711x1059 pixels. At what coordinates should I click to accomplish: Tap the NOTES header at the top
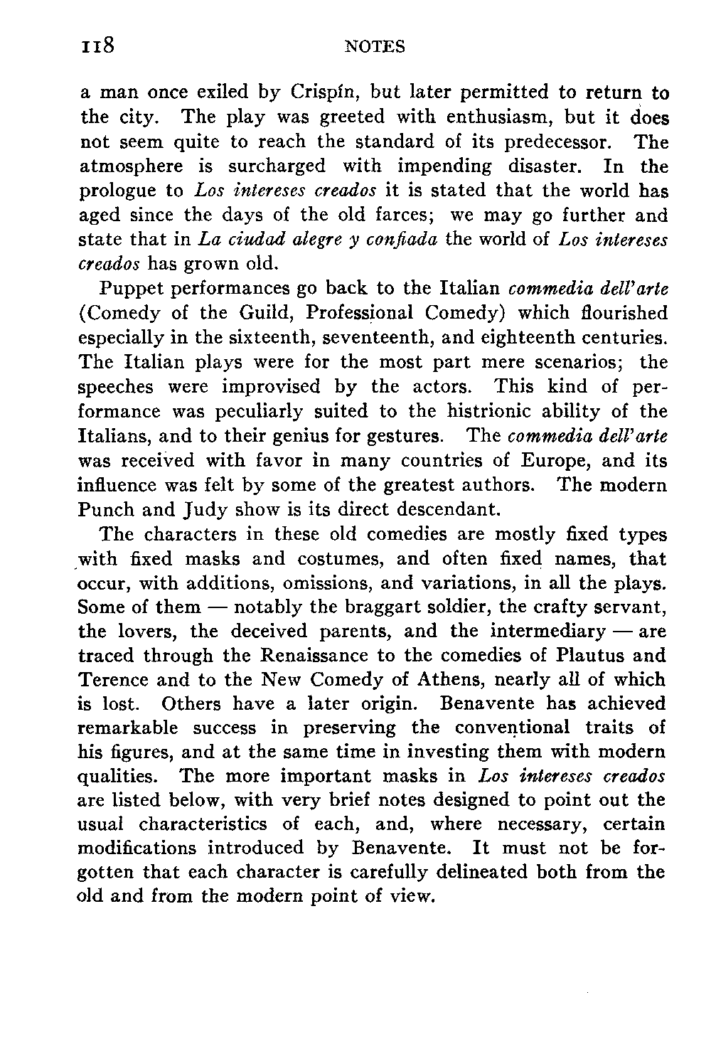tap(374, 47)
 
